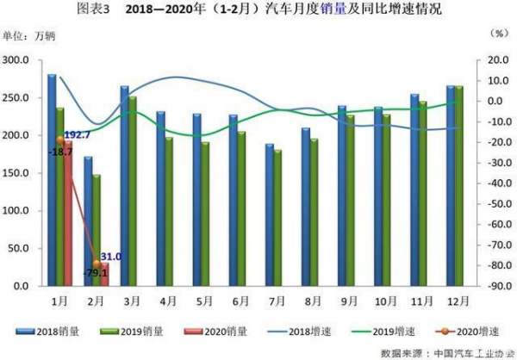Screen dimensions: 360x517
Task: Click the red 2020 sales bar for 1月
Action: [68, 215]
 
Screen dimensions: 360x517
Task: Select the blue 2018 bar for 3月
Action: [125, 185]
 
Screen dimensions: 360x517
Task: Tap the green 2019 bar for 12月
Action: [458, 185]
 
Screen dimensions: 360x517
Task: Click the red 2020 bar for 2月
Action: [104, 274]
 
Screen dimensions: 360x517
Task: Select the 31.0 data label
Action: [109, 257]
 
